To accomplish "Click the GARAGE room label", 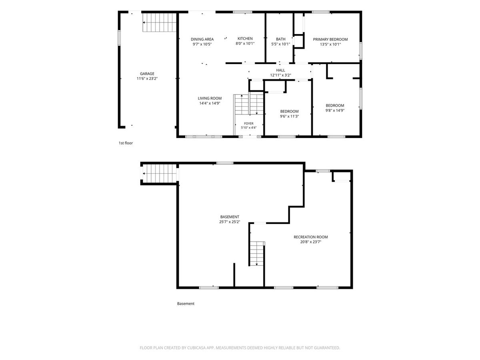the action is pyautogui.click(x=147, y=74).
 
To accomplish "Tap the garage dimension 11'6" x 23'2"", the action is pyautogui.click(x=147, y=78).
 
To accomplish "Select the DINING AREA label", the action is pyautogui.click(x=202, y=39).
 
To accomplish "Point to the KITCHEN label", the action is pyautogui.click(x=245, y=39).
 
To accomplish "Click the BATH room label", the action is pyautogui.click(x=280, y=39).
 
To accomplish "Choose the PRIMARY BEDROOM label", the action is pyautogui.click(x=330, y=39).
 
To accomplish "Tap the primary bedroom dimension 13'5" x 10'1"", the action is pyautogui.click(x=330, y=44).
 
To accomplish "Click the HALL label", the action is pyautogui.click(x=280, y=70).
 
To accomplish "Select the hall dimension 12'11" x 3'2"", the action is pyautogui.click(x=280, y=75).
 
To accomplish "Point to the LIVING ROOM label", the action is pyautogui.click(x=210, y=98).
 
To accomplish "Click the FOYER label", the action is pyautogui.click(x=249, y=124).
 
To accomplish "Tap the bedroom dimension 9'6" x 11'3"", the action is pyautogui.click(x=289, y=116).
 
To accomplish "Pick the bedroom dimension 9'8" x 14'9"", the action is pyautogui.click(x=335, y=110).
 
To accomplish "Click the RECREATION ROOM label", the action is pyautogui.click(x=310, y=237).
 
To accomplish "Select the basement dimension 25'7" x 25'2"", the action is pyautogui.click(x=230, y=222).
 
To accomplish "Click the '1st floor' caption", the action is pyautogui.click(x=126, y=143).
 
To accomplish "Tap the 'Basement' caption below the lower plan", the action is pyautogui.click(x=186, y=303).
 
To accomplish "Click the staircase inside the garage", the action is pyautogui.click(x=160, y=22).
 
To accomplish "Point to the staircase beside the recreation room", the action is pyautogui.click(x=257, y=253).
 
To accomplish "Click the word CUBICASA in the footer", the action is pyautogui.click(x=196, y=348).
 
